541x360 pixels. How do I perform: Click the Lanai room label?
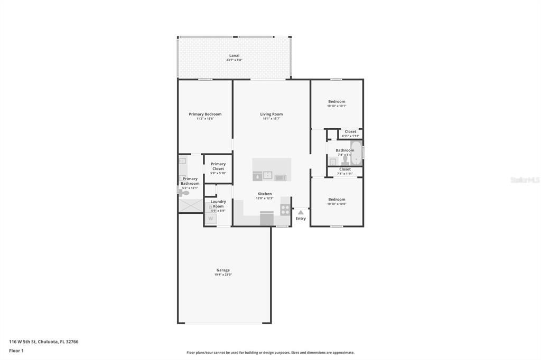click(234, 55)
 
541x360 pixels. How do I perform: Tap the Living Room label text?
click(271, 115)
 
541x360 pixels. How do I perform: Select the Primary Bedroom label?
click(205, 115)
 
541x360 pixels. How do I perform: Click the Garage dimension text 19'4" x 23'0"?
click(223, 274)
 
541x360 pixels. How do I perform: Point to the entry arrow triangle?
click(300, 212)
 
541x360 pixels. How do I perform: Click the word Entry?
click(301, 219)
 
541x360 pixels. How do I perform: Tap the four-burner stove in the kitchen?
click(285, 210)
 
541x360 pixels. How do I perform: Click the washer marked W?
click(210, 219)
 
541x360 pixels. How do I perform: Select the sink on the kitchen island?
click(267, 175)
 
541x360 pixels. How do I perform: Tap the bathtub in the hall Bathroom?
click(356, 153)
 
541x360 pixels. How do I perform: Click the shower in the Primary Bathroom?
click(191, 205)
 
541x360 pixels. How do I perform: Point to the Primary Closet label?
click(218, 166)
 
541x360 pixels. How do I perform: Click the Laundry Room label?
click(218, 203)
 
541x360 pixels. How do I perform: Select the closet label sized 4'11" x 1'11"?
click(350, 131)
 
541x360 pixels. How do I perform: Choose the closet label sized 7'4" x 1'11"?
click(345, 169)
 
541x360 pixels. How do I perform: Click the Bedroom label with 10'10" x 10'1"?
click(337, 102)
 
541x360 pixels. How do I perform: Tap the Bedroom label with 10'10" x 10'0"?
click(337, 200)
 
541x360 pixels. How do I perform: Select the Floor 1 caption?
click(16, 350)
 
